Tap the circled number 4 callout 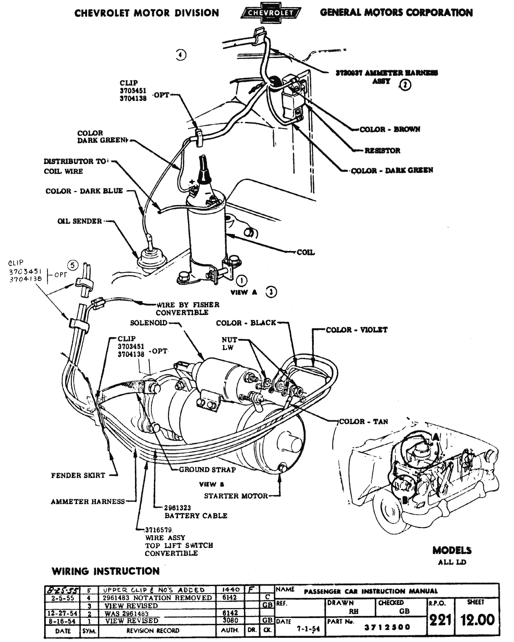[181, 55]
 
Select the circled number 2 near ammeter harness [405, 85]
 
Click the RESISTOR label [382, 151]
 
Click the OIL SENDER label [80, 221]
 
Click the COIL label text [306, 253]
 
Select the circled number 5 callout [73, 265]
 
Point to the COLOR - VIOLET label [357, 330]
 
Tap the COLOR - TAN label [363, 421]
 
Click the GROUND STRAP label [207, 470]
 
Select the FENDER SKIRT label [78, 476]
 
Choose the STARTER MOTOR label [236, 496]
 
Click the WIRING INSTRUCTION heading [106, 571]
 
